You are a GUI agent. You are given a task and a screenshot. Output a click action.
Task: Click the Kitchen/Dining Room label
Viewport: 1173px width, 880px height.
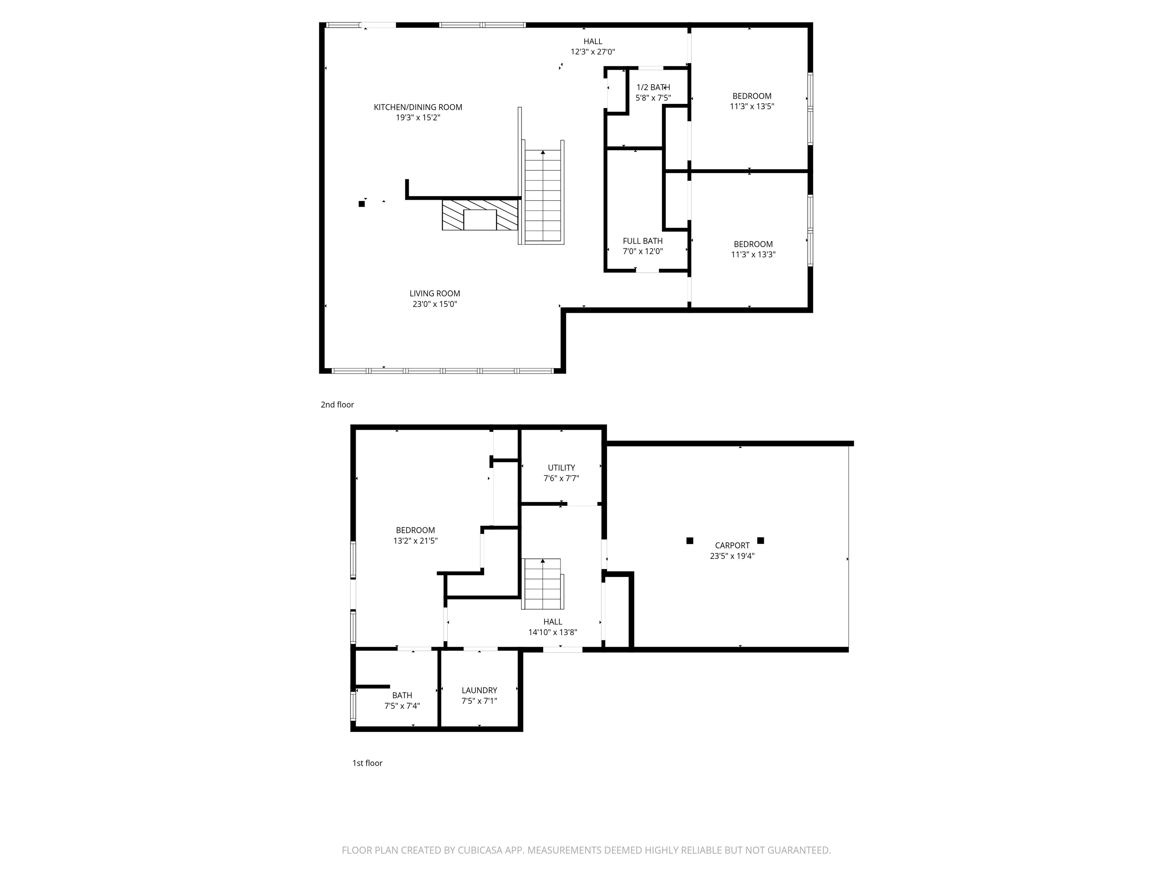tap(418, 107)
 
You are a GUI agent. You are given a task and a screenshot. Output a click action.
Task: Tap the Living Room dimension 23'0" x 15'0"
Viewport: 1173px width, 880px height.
tap(435, 304)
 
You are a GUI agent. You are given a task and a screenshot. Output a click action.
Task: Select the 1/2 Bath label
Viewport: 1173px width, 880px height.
tap(653, 87)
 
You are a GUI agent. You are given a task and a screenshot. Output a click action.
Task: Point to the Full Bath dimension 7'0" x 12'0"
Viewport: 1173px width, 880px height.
tap(643, 251)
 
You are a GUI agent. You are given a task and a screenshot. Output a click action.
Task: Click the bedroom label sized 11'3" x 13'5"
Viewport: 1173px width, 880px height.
tap(752, 96)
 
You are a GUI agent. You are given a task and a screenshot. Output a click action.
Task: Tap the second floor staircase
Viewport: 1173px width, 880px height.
tap(543, 192)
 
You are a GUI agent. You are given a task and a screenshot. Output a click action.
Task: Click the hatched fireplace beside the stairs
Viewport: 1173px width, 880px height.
tap(480, 215)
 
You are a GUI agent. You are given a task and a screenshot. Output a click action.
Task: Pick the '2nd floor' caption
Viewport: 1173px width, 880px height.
tap(337, 405)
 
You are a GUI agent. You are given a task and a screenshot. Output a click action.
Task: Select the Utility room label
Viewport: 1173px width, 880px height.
tap(561, 468)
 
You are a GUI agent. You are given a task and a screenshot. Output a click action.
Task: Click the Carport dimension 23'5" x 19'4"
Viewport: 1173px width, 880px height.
tap(732, 556)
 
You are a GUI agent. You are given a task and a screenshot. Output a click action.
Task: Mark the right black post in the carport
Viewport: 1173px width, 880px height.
tap(761, 540)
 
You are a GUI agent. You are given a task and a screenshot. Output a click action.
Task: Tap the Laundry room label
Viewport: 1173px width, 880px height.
tap(479, 690)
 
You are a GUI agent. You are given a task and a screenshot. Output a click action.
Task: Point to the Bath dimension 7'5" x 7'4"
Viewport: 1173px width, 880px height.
tap(402, 706)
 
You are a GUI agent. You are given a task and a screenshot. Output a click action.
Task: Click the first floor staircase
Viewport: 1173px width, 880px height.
tap(543, 584)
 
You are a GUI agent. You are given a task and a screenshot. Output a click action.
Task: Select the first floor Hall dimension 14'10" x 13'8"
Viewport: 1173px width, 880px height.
tap(553, 632)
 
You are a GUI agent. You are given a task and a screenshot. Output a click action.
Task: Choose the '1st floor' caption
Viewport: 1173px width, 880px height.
tap(367, 763)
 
